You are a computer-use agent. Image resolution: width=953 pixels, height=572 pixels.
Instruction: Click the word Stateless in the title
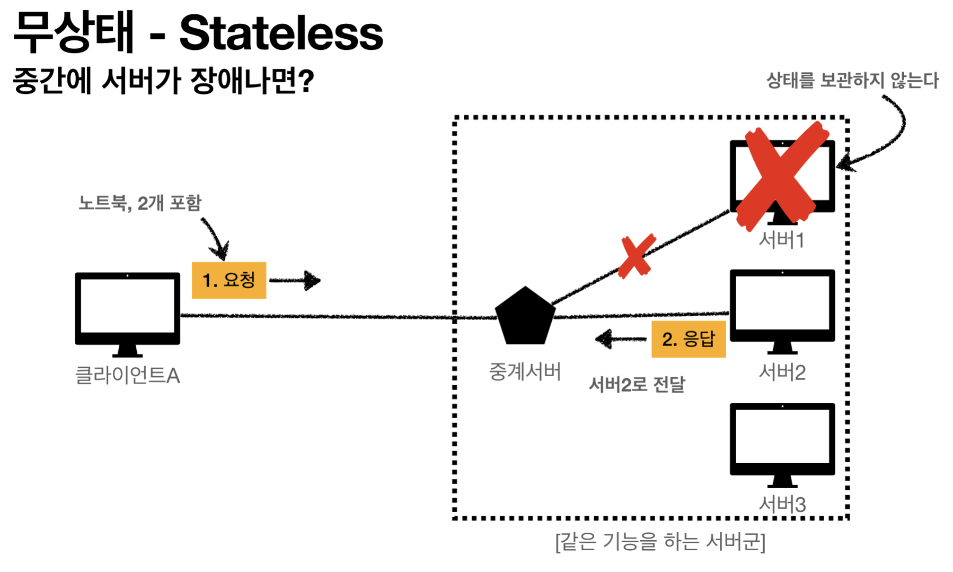coord(281,33)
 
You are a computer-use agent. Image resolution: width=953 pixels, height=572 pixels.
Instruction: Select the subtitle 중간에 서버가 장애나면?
coord(163,81)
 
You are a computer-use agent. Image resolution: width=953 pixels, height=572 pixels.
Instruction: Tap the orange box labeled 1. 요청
coord(228,280)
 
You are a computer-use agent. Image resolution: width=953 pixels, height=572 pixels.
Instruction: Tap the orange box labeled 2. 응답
coord(688,339)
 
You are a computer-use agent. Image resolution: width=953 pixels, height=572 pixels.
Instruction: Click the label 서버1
coord(782,240)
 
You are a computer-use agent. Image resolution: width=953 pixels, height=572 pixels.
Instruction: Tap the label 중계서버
coord(525,371)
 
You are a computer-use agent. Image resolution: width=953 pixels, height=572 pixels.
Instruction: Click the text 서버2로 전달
coord(637,384)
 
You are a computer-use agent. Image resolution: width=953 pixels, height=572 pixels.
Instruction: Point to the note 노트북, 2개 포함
coord(140,203)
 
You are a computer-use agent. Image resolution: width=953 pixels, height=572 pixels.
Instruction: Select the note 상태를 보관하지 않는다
coord(852,81)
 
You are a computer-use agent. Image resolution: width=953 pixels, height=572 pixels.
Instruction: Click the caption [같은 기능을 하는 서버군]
coord(660,542)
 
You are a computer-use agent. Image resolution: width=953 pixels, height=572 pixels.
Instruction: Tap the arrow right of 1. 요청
coord(296,280)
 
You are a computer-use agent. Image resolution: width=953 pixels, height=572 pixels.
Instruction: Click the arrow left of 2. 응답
coord(620,339)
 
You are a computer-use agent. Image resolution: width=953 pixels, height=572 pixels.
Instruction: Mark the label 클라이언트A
coord(128,376)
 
